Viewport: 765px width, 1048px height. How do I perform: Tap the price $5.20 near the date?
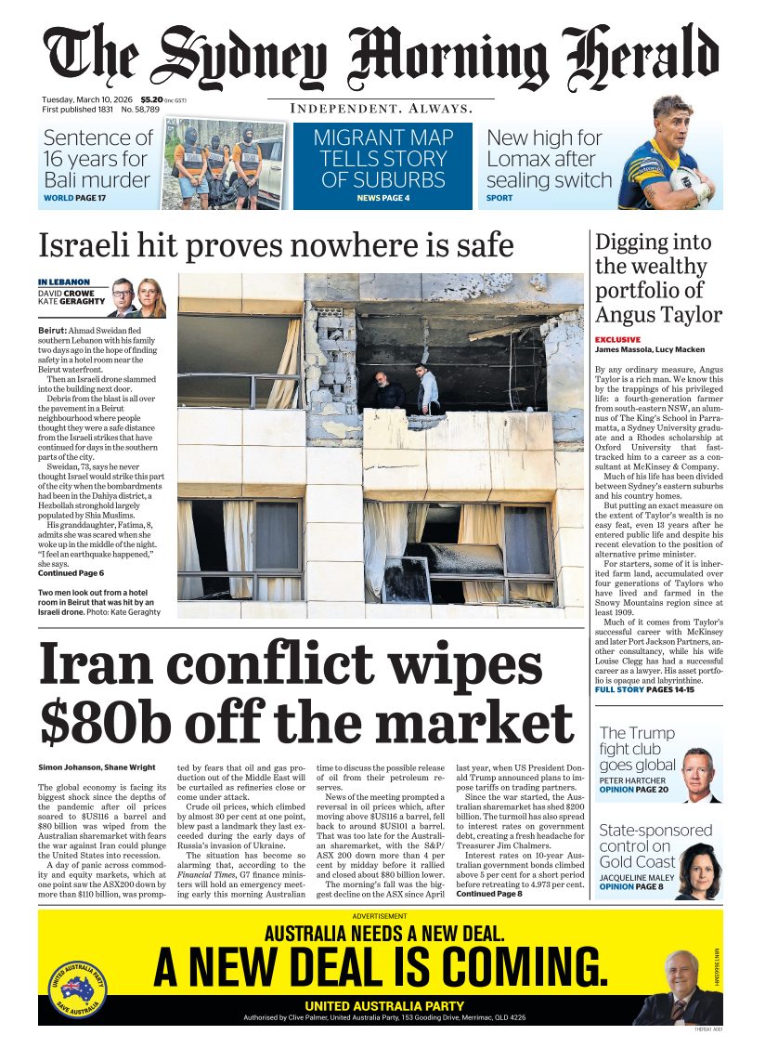click(x=150, y=99)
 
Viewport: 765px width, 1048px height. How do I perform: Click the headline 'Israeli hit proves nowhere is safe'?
click(x=276, y=245)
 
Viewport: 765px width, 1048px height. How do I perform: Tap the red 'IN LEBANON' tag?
click(x=64, y=282)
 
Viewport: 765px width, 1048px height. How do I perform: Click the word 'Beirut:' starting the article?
click(x=52, y=330)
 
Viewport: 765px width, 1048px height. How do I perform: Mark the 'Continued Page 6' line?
click(x=71, y=573)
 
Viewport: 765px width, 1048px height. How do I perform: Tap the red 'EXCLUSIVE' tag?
click(x=617, y=340)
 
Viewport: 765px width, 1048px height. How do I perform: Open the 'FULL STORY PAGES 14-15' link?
click(x=644, y=689)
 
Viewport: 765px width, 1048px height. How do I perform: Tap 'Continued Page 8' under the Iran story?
click(x=488, y=894)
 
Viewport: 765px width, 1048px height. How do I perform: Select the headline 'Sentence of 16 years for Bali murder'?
click(x=97, y=159)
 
